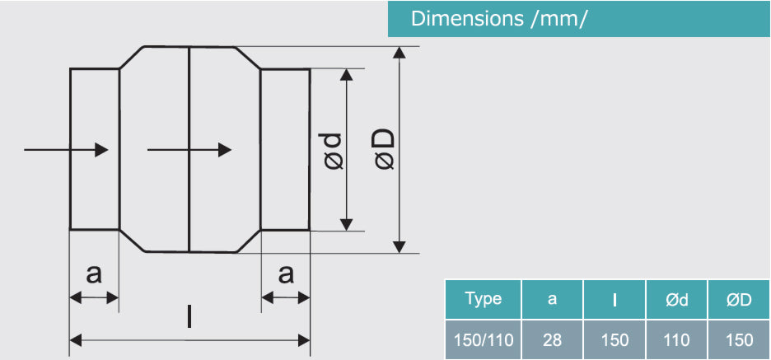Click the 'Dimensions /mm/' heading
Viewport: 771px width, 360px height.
(499, 19)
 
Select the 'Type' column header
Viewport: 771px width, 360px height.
(483, 299)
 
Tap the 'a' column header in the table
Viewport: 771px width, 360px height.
(552, 300)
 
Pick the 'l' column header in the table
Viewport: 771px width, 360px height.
(614, 300)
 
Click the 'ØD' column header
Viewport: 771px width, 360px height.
(739, 300)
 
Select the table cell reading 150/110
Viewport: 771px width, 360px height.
(483, 339)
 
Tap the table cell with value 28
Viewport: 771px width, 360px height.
(552, 339)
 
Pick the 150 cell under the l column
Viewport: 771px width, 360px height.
(614, 339)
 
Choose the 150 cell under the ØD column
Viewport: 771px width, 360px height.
(739, 339)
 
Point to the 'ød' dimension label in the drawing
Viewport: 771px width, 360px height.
(332, 150)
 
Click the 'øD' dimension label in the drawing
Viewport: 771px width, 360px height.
(384, 150)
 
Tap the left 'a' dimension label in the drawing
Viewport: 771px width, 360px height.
(94, 274)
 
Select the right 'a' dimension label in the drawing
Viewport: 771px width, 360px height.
(285, 274)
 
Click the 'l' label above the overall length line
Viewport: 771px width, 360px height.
(190, 316)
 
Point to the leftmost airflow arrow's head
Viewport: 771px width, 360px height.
(102, 149)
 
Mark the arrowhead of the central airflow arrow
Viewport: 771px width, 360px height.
(224, 149)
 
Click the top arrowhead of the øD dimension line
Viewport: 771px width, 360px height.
(400, 53)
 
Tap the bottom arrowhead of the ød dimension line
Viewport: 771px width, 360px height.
(347, 225)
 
